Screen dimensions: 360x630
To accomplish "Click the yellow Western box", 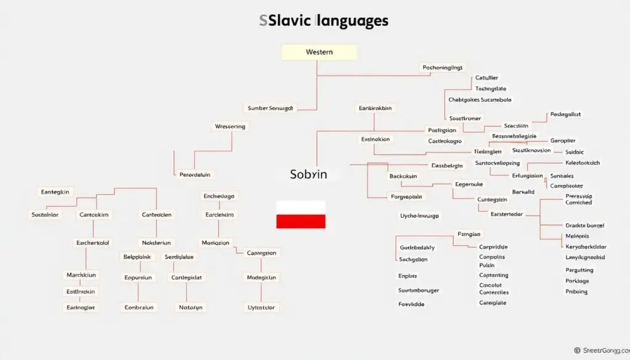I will [319, 52].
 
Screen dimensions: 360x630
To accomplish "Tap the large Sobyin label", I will [308, 174].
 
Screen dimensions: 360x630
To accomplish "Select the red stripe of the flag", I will [301, 222].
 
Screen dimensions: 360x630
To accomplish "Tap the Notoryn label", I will [191, 307].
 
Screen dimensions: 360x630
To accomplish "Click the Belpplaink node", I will [137, 257].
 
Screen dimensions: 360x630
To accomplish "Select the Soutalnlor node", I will [45, 215].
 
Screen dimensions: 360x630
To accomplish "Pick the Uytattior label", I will [262, 307].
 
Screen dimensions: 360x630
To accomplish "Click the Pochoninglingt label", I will [442, 68].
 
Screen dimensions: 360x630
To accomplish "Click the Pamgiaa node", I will [469, 234].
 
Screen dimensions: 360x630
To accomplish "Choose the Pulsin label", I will [487, 265].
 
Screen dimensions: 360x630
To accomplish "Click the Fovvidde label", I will [411, 304].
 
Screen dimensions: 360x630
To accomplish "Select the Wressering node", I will [230, 127].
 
